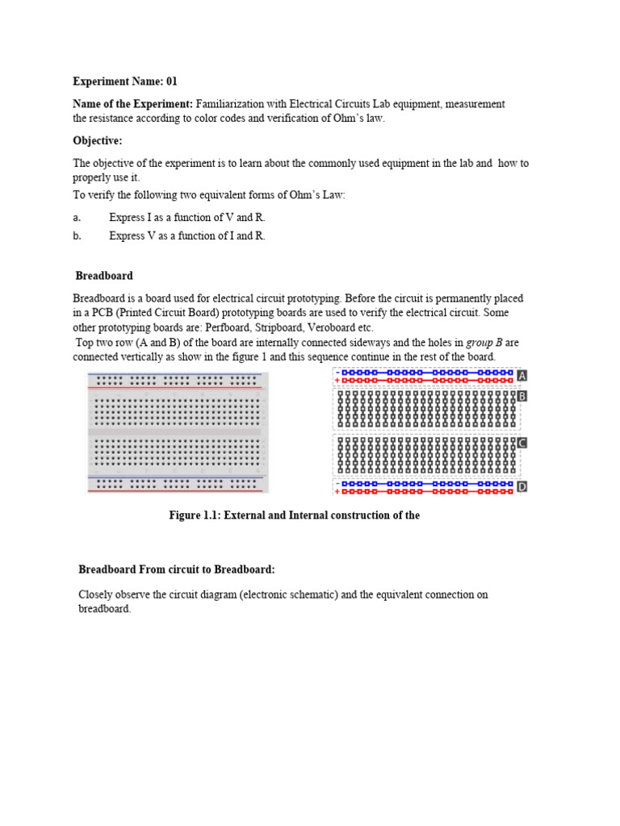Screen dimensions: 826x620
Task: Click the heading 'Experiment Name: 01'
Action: point(124,81)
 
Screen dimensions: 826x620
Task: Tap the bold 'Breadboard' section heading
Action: point(104,276)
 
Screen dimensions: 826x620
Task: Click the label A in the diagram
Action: point(522,376)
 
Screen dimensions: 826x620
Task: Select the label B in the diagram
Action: point(522,397)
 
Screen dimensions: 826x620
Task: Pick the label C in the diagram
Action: point(522,443)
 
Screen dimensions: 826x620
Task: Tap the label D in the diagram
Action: point(522,487)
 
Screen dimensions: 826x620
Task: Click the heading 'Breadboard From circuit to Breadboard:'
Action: point(176,569)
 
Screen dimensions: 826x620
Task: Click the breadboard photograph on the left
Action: point(178,432)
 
